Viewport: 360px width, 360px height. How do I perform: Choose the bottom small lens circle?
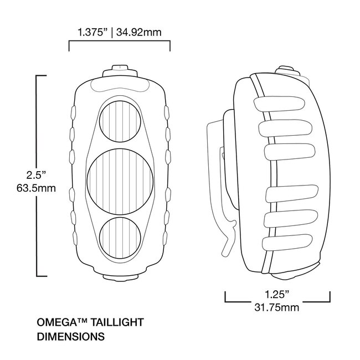[120, 233]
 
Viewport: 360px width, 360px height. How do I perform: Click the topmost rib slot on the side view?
[281, 103]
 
